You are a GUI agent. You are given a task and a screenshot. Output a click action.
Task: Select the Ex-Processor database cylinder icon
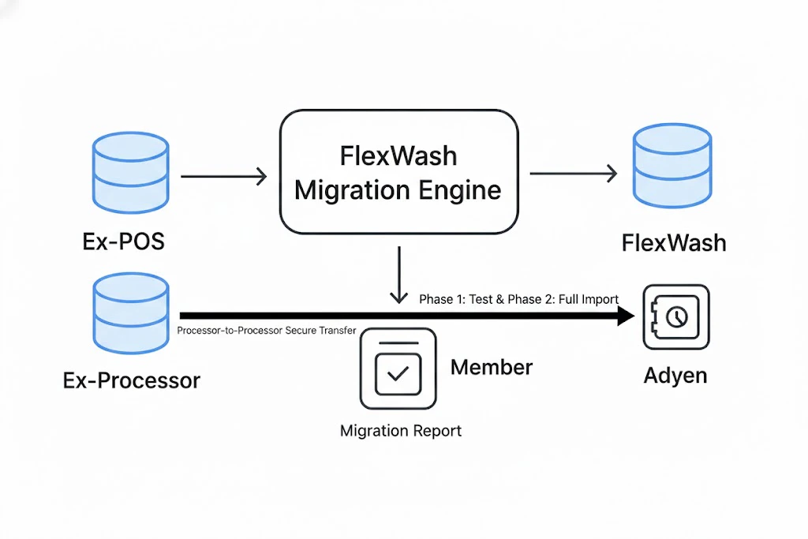click(131, 312)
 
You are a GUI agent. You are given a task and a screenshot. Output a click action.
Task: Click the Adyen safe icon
click(676, 317)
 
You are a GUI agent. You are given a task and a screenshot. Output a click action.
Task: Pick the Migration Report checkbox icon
click(398, 369)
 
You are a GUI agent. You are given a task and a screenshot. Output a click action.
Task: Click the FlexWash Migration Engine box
click(398, 172)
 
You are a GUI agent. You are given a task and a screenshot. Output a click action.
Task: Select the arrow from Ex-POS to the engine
click(224, 176)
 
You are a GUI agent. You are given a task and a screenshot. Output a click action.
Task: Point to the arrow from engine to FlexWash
click(573, 174)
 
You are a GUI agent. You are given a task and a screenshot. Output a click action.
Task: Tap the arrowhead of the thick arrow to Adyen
click(625, 316)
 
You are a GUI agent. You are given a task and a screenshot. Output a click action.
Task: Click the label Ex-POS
click(124, 241)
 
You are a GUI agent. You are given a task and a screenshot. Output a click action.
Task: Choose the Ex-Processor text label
click(132, 381)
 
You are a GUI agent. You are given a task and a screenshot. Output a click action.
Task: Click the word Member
click(492, 367)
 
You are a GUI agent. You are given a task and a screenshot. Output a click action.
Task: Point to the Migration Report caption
click(401, 431)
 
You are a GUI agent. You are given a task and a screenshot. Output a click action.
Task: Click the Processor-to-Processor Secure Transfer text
click(267, 331)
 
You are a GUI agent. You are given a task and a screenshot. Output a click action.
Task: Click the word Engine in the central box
click(458, 190)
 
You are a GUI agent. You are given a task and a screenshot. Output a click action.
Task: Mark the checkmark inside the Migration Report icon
click(398, 372)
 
